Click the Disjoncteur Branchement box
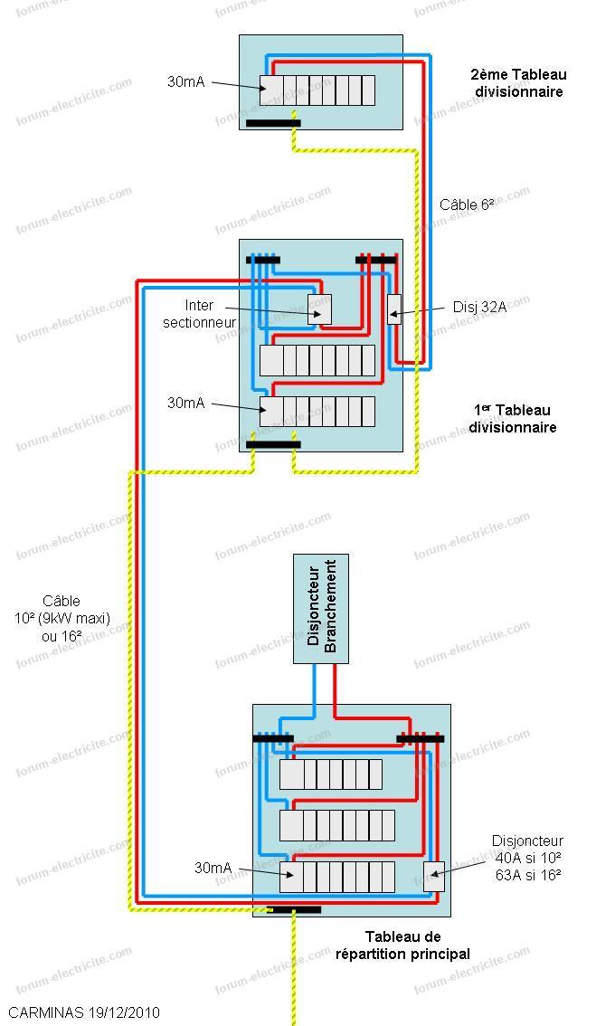click(x=320, y=609)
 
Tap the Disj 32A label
click(x=479, y=307)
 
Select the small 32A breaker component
click(x=394, y=309)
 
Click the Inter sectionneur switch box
click(x=320, y=309)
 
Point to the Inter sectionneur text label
click(x=200, y=313)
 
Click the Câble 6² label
click(x=468, y=204)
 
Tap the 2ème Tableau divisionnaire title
click(x=518, y=83)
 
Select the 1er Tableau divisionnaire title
click(x=513, y=419)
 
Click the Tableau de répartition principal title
click(x=402, y=945)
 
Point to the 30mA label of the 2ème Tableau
click(x=185, y=81)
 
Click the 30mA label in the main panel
click(x=213, y=868)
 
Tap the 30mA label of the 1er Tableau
click(x=185, y=404)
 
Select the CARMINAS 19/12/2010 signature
click(x=84, y=1012)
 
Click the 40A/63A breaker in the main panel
click(x=434, y=877)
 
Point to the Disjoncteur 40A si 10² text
click(x=527, y=858)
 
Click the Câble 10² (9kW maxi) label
click(x=62, y=618)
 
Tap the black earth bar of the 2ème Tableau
click(x=273, y=123)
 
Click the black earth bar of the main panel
click(x=294, y=909)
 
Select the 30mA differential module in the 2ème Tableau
click(x=271, y=90)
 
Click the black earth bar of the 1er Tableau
click(x=273, y=445)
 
